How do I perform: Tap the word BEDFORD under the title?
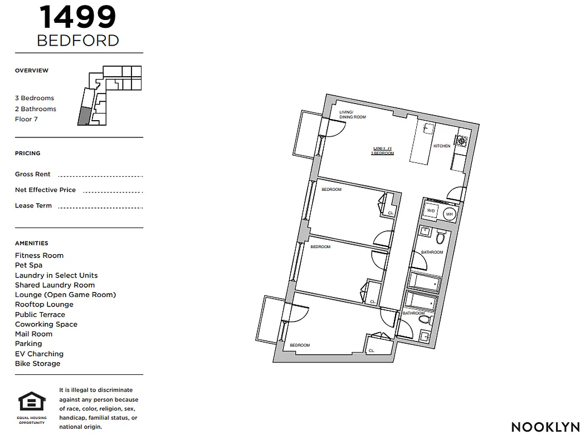tap(78, 41)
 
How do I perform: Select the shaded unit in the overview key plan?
tap(83, 116)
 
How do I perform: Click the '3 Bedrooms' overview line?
tap(35, 98)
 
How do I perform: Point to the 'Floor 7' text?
tap(26, 119)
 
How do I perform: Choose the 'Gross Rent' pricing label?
tap(32, 174)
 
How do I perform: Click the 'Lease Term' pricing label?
tap(33, 206)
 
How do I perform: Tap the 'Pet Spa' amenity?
tap(28, 265)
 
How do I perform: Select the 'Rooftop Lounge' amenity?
tap(44, 305)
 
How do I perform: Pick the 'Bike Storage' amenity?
tap(37, 364)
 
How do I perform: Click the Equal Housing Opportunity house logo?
tap(32, 402)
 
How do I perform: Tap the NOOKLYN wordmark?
tap(545, 427)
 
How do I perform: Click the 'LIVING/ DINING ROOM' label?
tap(352, 115)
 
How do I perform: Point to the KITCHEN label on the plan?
tap(442, 146)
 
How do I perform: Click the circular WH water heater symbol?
tap(449, 214)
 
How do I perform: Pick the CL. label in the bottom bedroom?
tap(371, 351)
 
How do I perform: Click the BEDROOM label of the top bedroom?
tap(331, 190)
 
